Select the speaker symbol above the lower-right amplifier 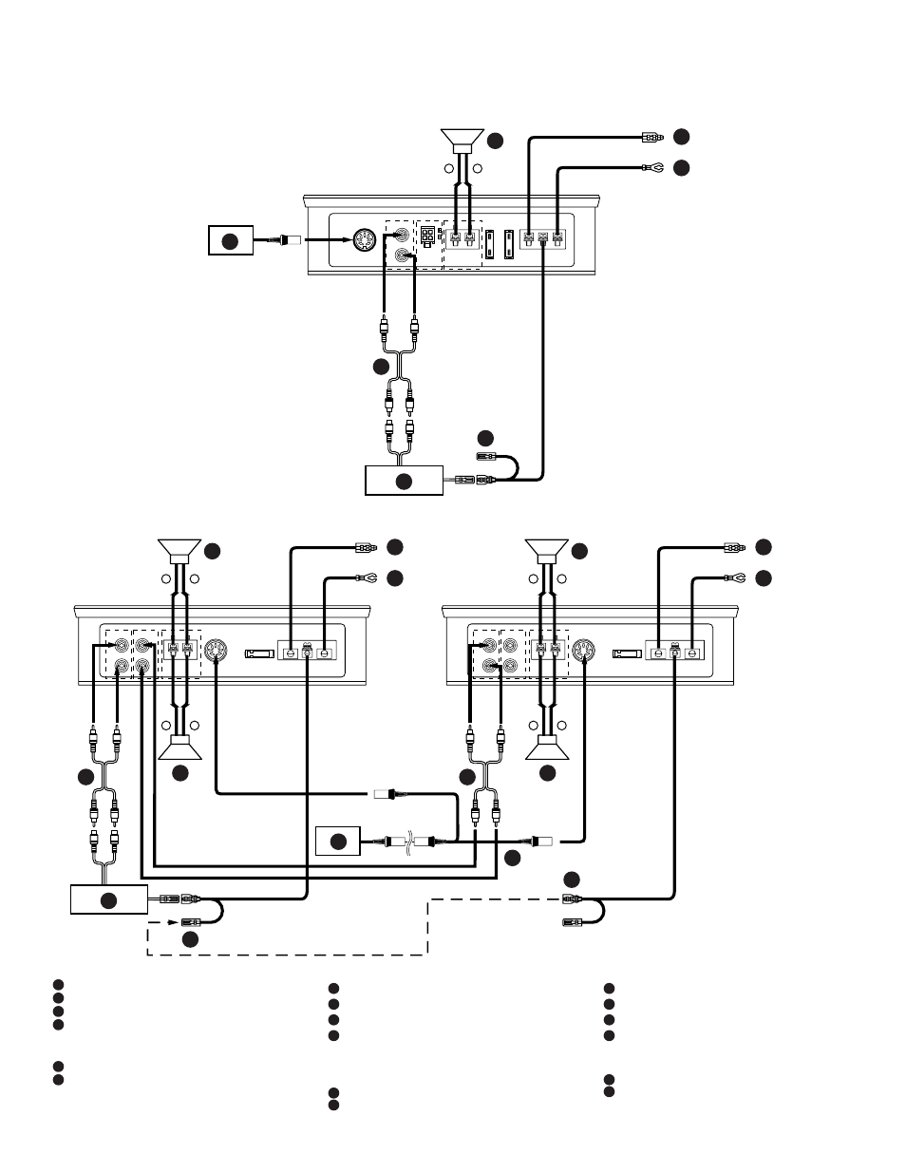coord(547,551)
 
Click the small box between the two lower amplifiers coord(338,842)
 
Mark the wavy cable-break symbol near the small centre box coord(408,842)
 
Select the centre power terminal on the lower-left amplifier coord(307,653)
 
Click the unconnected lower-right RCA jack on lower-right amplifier coord(511,667)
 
